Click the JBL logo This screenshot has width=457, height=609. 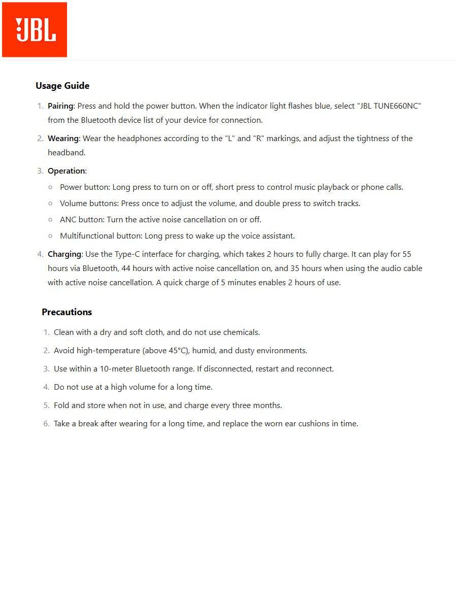pos(35,29)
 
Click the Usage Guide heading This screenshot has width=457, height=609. pos(62,86)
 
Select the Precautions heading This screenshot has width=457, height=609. pos(67,312)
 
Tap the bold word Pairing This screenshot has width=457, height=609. pos(60,106)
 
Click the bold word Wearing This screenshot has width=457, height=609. pos(63,139)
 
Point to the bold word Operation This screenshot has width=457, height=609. pos(67,171)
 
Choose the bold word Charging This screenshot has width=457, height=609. pos(64,254)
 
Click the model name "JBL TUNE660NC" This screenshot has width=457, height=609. pos(390,106)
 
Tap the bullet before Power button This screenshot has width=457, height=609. pos(50,187)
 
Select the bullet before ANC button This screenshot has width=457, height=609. pos(50,220)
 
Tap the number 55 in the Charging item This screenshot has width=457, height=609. pos(406,254)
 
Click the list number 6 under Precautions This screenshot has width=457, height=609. pos(46,424)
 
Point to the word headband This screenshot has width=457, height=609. pos(67,153)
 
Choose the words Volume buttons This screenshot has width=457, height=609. pos(88,204)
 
